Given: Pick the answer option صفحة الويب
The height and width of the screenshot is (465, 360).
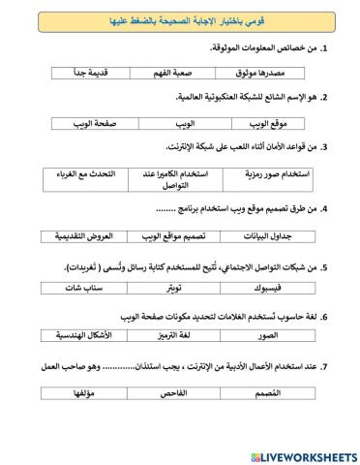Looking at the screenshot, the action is coord(82,125).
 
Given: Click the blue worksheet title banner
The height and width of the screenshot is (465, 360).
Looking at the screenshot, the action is coord(180,18).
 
